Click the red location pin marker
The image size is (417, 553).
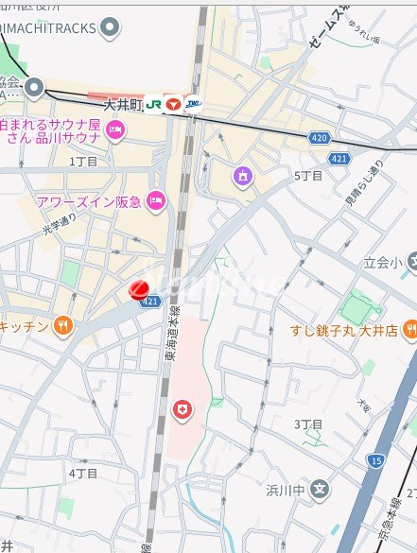tap(138, 289)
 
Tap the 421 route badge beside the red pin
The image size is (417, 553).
tap(149, 302)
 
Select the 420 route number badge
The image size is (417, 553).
tap(319, 138)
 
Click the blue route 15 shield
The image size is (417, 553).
tap(376, 460)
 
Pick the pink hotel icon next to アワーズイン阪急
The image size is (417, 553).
tap(156, 199)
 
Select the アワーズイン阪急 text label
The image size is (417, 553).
tap(89, 199)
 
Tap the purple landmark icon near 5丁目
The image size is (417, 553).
tap(243, 174)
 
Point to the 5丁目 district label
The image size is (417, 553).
tap(309, 176)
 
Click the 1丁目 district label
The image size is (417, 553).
tap(84, 162)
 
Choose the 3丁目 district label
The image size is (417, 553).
tap(308, 424)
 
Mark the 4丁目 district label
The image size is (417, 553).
tap(83, 472)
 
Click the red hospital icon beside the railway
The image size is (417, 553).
tap(181, 408)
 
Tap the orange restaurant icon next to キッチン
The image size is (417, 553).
tap(62, 325)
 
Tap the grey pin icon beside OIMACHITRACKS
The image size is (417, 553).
tap(111, 26)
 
